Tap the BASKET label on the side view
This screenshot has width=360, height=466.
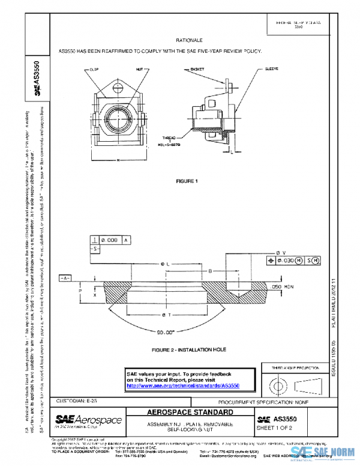197,70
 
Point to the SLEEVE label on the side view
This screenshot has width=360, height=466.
272,70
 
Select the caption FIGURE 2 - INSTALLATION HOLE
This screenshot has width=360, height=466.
181,349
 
